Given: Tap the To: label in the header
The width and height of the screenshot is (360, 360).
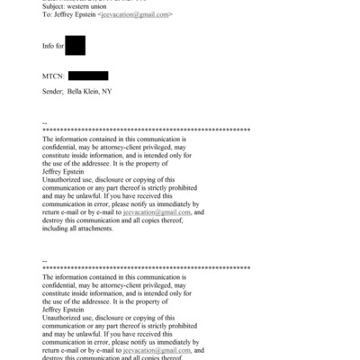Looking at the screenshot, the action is (x=48, y=15).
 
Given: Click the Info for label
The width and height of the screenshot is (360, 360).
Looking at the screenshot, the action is (x=53, y=44).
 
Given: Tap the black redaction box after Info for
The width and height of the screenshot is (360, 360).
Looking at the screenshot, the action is (x=76, y=44).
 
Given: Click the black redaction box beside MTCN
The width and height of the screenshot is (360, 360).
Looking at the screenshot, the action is (x=88, y=76).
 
